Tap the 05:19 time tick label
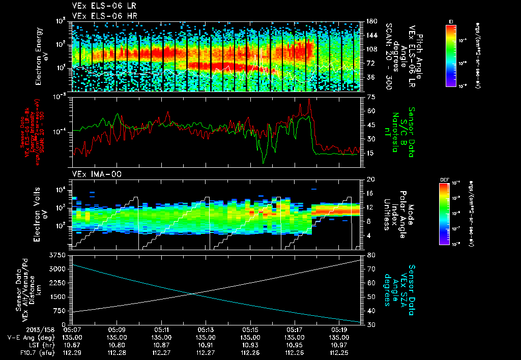coord(339,329)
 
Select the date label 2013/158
coord(23,329)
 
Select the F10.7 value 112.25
coord(339,351)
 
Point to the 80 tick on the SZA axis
coord(371,255)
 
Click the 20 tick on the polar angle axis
coord(371,179)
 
